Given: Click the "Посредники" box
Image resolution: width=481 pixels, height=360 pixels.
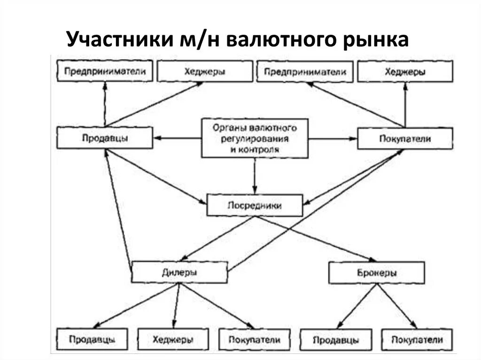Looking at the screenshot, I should (x=255, y=206).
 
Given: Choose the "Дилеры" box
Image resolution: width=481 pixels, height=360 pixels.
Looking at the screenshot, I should (x=179, y=272).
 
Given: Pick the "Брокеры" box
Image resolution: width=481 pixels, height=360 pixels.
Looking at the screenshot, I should (x=376, y=273).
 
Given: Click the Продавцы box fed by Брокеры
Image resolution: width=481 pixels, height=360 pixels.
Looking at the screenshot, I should (x=335, y=339).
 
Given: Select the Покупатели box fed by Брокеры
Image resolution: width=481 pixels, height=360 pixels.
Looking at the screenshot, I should (x=418, y=339).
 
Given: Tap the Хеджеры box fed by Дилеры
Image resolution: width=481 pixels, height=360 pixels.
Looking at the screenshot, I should (x=172, y=339).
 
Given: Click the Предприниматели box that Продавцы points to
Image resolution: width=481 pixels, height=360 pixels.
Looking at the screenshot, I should (x=105, y=72).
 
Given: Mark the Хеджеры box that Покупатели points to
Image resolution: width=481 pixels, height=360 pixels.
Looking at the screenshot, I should (x=405, y=72).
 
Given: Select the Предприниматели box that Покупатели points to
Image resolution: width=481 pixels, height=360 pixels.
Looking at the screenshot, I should (x=305, y=72).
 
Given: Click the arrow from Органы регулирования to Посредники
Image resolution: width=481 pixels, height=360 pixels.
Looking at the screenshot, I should (x=255, y=176).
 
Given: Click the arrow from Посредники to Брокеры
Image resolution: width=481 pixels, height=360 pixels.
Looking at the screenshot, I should (x=319, y=238).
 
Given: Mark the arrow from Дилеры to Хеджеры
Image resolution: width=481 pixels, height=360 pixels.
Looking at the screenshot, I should (x=176, y=306).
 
